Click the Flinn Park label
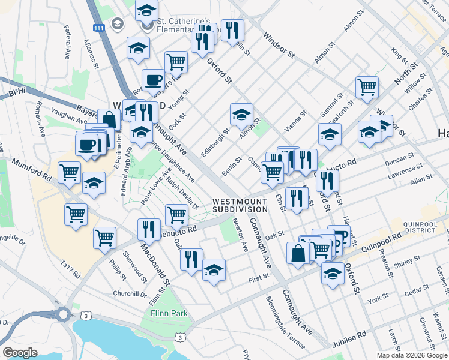pyautogui.click(x=169, y=313)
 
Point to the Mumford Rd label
pyautogui.click(x=30, y=170)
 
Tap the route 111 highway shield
pyautogui.click(x=99, y=28)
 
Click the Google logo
pyautogui.click(x=20, y=353)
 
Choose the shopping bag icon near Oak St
pyautogui.click(x=298, y=252)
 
